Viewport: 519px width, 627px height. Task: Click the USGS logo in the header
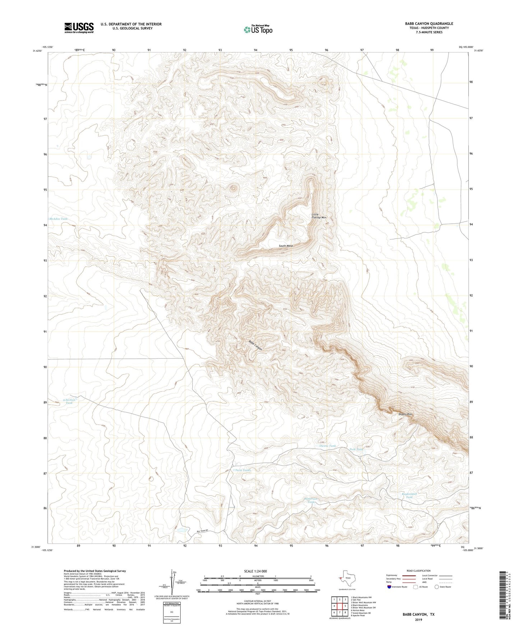point(79,28)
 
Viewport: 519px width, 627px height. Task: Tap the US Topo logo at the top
point(258,29)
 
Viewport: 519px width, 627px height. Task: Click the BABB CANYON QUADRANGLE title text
point(429,23)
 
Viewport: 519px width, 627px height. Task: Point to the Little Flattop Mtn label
point(319,216)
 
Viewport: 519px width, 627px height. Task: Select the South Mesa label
point(286,246)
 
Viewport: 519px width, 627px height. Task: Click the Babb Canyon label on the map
point(256,345)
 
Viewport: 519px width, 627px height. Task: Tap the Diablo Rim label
point(405,414)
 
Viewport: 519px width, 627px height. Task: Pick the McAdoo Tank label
point(58,219)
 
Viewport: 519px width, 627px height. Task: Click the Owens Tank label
point(327,446)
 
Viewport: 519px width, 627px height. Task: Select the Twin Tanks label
point(242,470)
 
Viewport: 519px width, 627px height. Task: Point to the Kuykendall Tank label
point(409,495)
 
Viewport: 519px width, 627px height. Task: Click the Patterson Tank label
point(311,500)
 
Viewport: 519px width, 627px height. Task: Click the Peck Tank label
point(356,449)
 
